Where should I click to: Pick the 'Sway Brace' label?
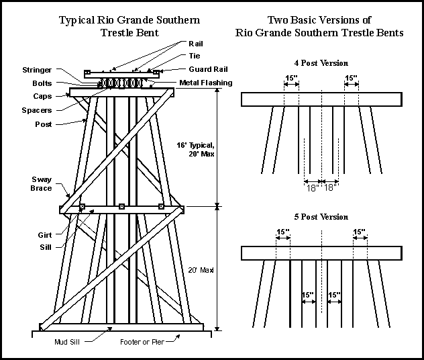tap(41, 183)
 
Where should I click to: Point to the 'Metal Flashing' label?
tap(205, 83)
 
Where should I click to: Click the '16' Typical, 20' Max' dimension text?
tap(195, 149)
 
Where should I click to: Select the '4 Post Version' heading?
tap(321, 63)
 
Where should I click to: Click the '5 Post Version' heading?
tap(321, 217)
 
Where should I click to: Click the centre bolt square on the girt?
tap(121, 206)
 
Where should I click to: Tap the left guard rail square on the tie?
tap(87, 72)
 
